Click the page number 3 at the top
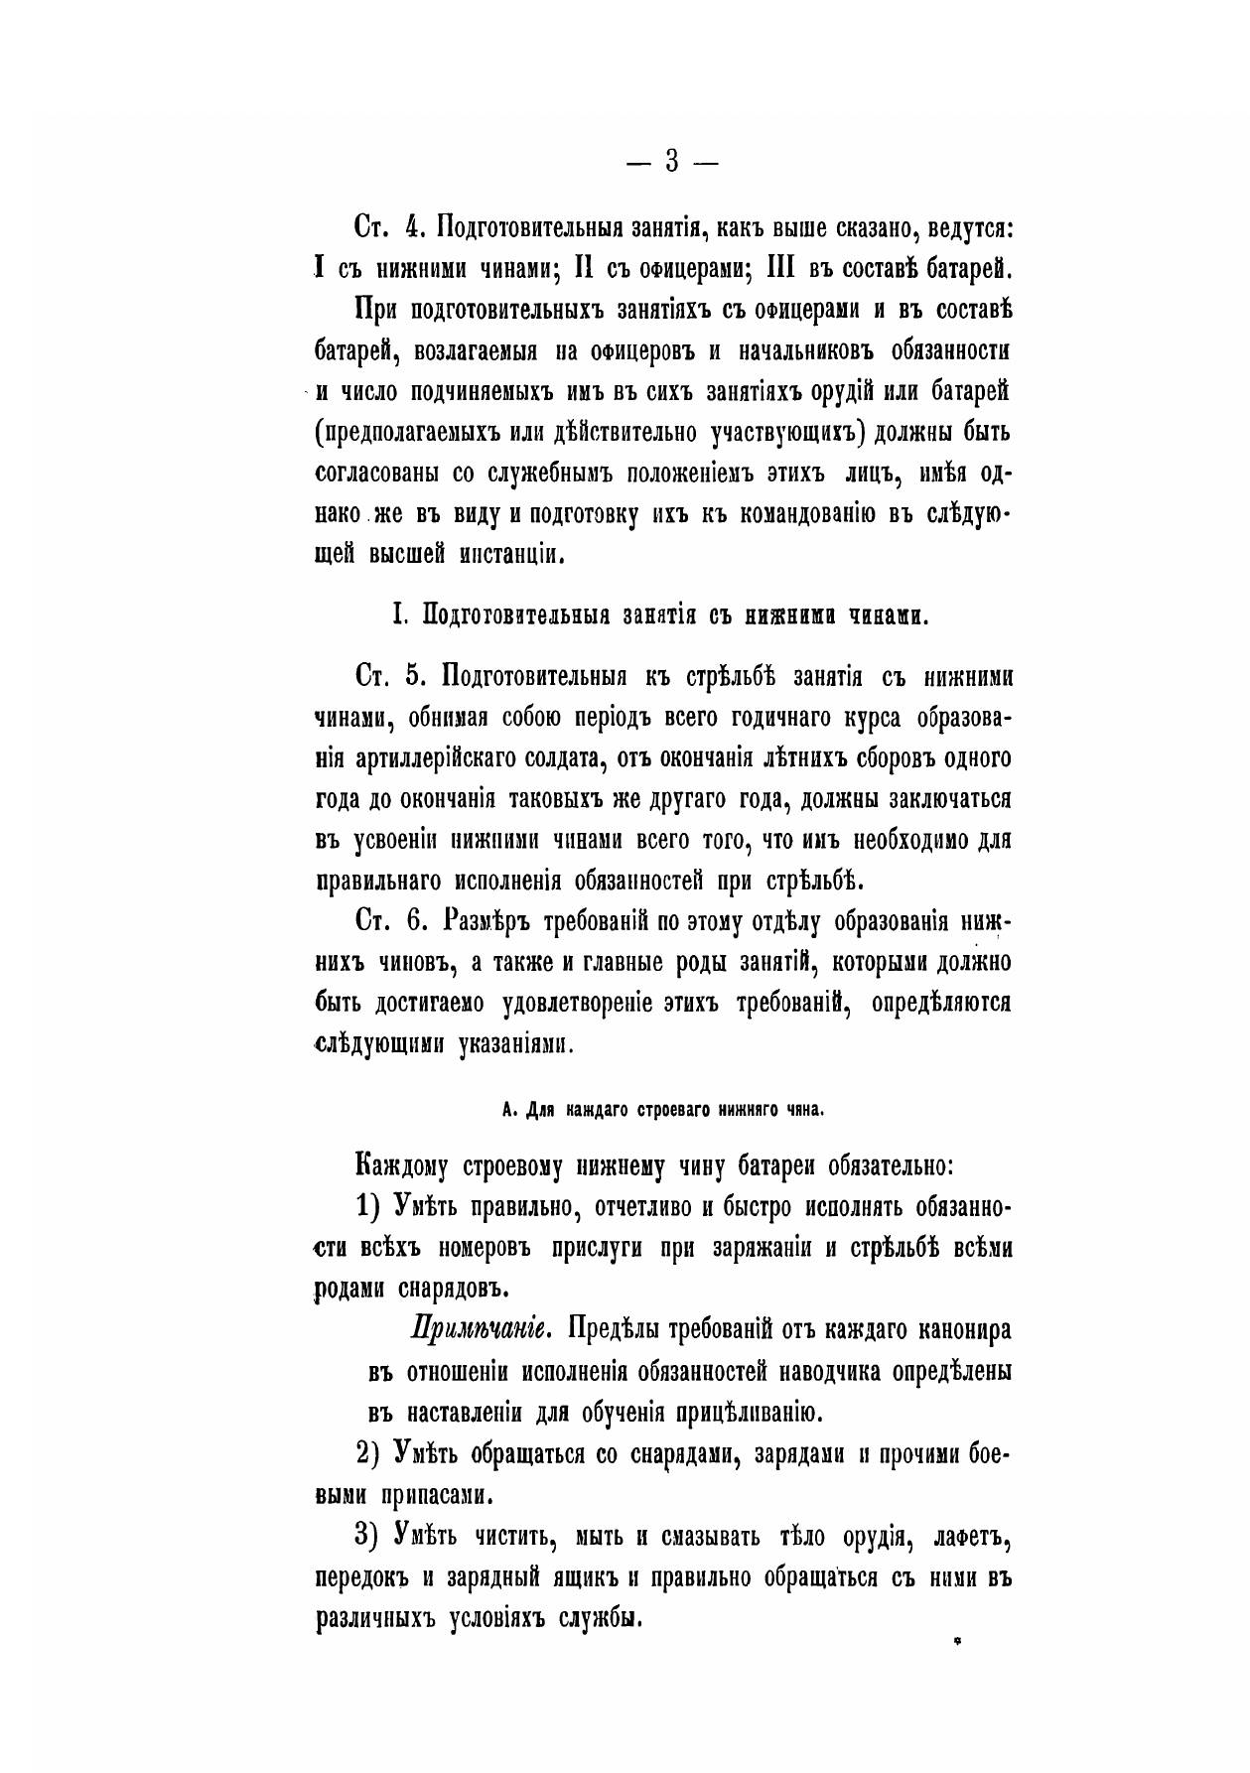(672, 160)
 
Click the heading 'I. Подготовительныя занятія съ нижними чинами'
(660, 615)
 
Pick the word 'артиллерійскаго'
(451, 759)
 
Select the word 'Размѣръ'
(490, 921)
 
